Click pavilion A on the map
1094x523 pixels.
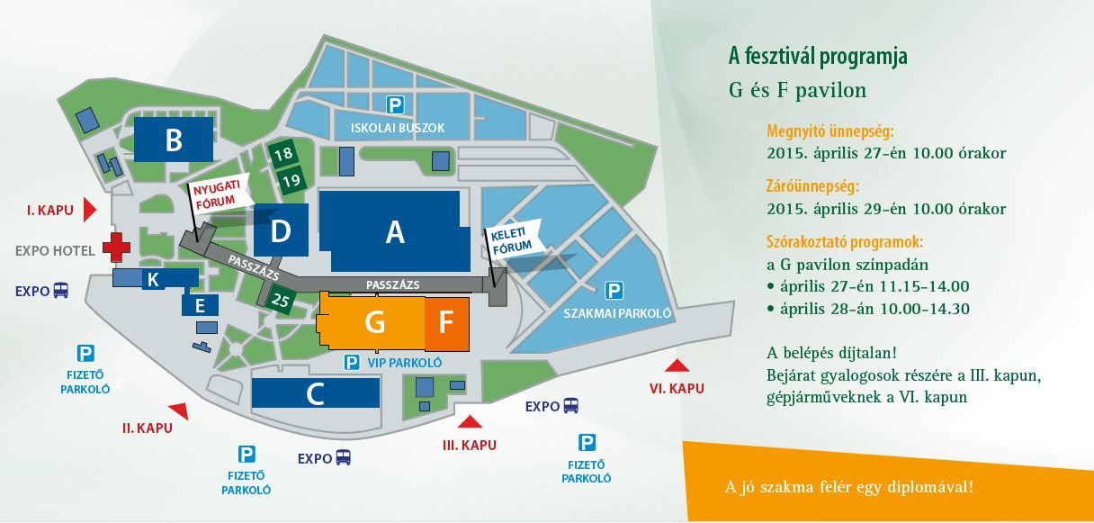pyautogui.click(x=394, y=231)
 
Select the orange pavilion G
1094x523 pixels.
pyautogui.click(x=374, y=322)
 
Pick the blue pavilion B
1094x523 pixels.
pyautogui.click(x=174, y=140)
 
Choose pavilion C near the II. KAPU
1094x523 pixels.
pyautogui.click(x=315, y=393)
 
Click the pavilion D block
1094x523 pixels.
pyautogui.click(x=281, y=230)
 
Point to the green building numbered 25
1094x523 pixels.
pyautogui.click(x=281, y=299)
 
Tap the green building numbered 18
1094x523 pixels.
pyautogui.click(x=284, y=154)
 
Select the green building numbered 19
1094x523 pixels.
pyautogui.click(x=291, y=179)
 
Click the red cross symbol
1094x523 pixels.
pyautogui.click(x=115, y=247)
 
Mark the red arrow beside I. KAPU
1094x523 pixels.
pyautogui.click(x=88, y=210)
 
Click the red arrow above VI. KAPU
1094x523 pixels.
pyautogui.click(x=677, y=365)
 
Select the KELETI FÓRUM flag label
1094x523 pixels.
pyautogui.click(x=512, y=239)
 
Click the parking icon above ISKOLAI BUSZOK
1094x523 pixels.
pyautogui.click(x=394, y=104)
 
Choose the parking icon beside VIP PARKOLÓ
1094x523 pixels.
pyautogui.click(x=353, y=363)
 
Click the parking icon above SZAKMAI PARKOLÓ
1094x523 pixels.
pyautogui.click(x=614, y=290)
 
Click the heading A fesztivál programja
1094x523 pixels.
pyautogui.click(x=818, y=57)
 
